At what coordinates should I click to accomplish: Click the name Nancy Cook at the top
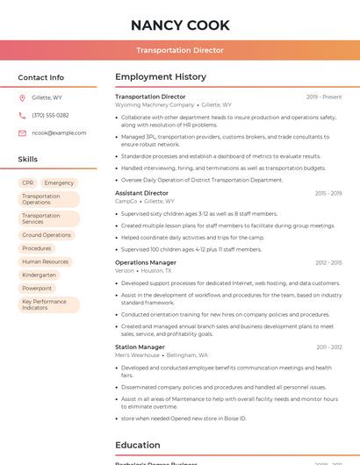(180, 25)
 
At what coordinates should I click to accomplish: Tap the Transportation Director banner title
(180, 51)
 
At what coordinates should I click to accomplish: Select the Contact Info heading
(40, 77)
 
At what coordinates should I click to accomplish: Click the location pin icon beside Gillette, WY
(23, 98)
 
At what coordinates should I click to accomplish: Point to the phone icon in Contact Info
(23, 116)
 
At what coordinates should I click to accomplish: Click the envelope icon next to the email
(23, 132)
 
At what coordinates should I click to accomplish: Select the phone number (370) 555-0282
(50, 116)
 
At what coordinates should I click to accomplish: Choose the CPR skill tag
(27, 182)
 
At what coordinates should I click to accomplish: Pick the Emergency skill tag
(59, 182)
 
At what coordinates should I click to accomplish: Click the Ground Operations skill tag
(47, 235)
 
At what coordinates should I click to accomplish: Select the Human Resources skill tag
(45, 261)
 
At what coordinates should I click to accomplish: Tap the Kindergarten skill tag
(40, 275)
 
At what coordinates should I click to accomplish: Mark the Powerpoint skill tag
(37, 288)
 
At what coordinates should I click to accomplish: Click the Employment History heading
(161, 77)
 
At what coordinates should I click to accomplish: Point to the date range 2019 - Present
(324, 97)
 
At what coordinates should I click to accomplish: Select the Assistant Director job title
(141, 193)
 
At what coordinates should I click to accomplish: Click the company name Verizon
(125, 270)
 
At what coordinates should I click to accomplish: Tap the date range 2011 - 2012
(329, 347)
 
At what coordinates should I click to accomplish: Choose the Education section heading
(138, 445)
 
